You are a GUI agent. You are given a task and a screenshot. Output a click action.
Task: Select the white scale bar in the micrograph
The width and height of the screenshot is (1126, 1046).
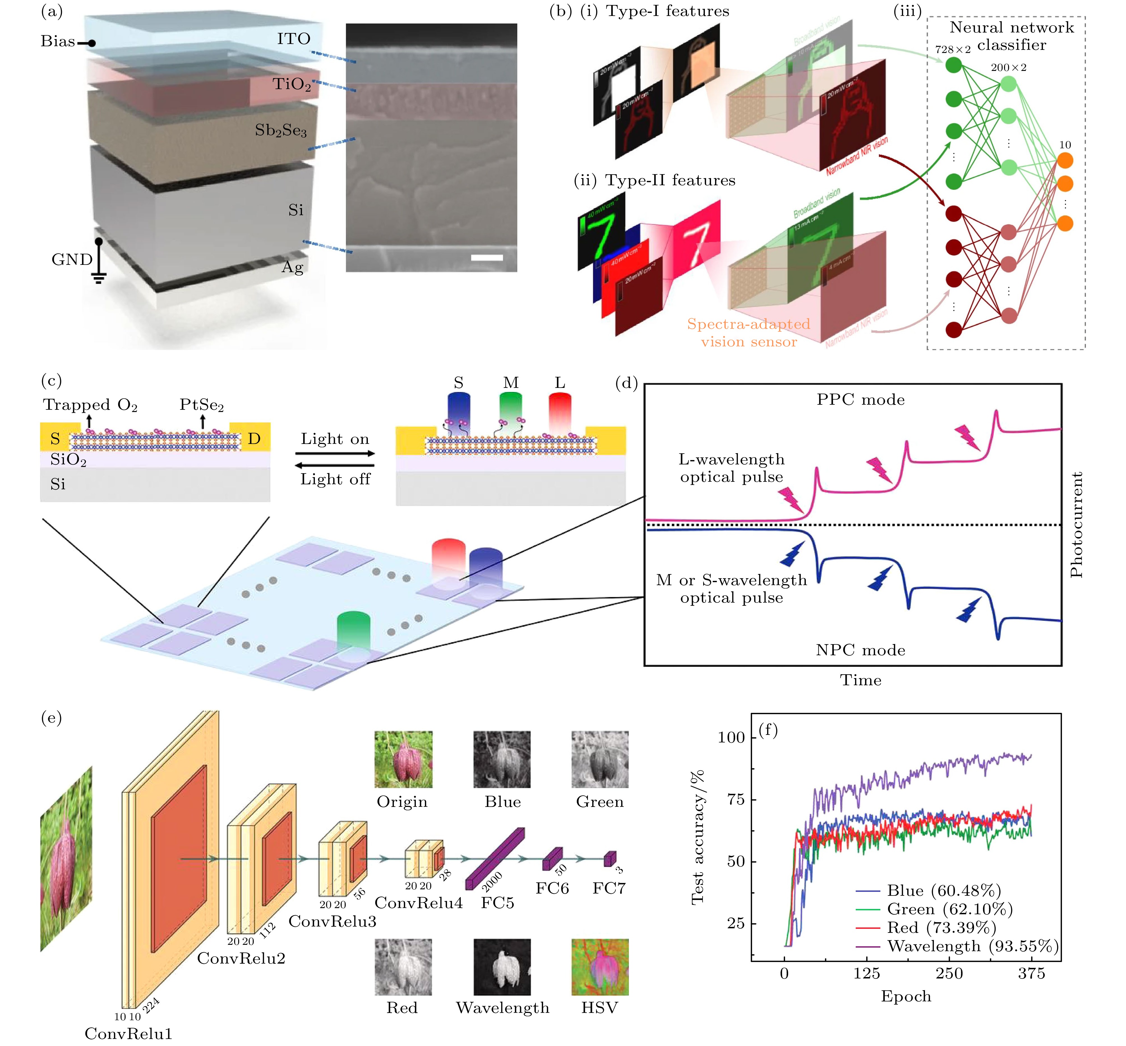[x=486, y=258]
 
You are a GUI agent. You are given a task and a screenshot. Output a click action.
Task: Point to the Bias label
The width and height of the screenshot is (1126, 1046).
[x=58, y=41]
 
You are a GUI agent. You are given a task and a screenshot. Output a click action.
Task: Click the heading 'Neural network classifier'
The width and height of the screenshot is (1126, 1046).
[x=1011, y=36]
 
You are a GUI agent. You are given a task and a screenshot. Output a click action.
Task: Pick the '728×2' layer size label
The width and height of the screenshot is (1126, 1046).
[x=952, y=50]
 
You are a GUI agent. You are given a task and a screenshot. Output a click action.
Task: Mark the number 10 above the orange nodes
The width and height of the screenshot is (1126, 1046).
[x=1065, y=145]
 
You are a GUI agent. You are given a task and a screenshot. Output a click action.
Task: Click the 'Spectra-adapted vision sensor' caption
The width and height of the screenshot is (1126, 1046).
[x=748, y=333]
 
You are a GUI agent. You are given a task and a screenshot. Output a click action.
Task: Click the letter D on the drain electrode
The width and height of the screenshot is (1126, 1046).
[x=254, y=439]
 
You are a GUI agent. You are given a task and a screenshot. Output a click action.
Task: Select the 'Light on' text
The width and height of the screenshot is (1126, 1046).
[x=334, y=439]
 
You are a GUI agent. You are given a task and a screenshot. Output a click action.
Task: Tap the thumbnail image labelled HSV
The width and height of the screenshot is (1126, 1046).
[x=599, y=967]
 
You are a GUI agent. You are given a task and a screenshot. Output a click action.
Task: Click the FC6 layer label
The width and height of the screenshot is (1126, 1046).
[x=552, y=888]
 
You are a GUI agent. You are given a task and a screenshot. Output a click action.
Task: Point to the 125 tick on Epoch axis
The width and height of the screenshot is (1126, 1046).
[x=866, y=974]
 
